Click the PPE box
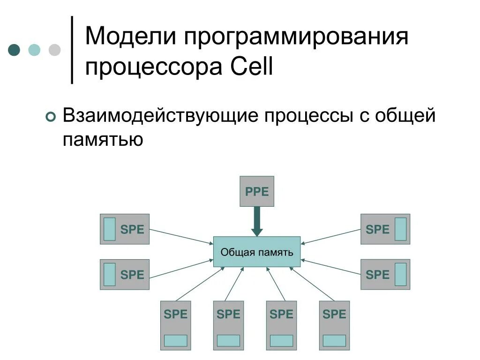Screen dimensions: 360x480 (x=257, y=191)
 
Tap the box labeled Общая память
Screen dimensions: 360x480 (x=257, y=252)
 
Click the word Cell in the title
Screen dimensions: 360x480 (x=252, y=68)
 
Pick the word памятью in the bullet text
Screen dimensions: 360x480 (x=103, y=139)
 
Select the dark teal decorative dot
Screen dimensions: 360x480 (x=15, y=50)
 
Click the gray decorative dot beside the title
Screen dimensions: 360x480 (x=55, y=50)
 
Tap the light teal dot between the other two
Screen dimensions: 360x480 (x=35, y=50)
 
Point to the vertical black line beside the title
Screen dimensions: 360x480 (x=72, y=50)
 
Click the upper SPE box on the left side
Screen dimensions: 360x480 (x=125, y=229)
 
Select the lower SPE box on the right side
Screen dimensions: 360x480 (x=385, y=274)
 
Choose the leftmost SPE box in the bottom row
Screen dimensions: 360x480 (x=176, y=325)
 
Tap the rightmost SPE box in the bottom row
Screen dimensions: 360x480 (x=335, y=325)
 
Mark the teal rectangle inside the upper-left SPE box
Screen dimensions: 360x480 (x=109, y=229)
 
